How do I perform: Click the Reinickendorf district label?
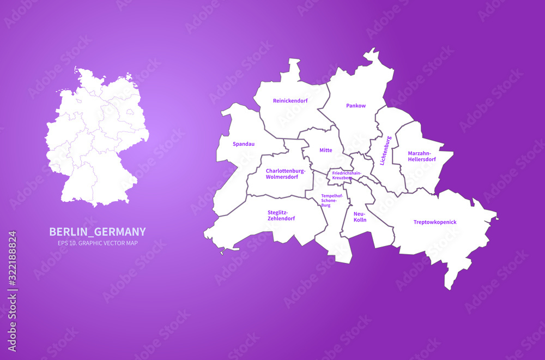pos(290,100)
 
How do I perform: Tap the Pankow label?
pos(356,106)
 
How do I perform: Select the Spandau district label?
pos(244,144)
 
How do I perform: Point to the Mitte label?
pos(326,150)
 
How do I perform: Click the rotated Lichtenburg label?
pos(385,151)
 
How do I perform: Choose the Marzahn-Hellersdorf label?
pos(422,157)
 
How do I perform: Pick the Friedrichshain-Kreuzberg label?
pos(346,176)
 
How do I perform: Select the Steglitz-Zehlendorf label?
pos(281,215)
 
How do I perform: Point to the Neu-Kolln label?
pos(360,217)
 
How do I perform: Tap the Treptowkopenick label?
pos(435,222)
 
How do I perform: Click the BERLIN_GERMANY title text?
pos(98,232)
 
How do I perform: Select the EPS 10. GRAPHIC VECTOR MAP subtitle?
pos(93,243)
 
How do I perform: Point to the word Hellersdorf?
pos(422,160)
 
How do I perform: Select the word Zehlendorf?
pos(281,219)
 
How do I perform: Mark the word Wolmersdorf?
pos(282,177)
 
